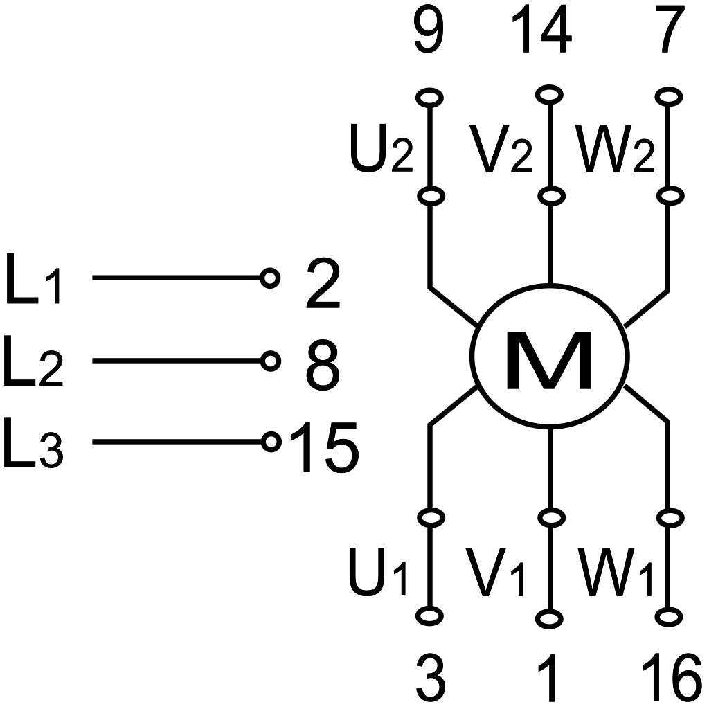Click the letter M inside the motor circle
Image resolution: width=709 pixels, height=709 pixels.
[x=549, y=360]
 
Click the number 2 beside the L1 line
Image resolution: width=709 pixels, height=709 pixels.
[x=323, y=283]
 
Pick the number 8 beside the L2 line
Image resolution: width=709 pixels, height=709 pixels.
[x=323, y=365]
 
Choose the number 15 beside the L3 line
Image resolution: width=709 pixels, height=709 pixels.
[x=325, y=447]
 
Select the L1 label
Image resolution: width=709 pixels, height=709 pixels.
[x=33, y=278]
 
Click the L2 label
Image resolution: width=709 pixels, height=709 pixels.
[x=33, y=361]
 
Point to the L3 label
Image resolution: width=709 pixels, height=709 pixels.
[x=33, y=443]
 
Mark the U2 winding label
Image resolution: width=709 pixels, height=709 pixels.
[x=382, y=148]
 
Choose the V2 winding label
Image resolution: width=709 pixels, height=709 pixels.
[x=501, y=148]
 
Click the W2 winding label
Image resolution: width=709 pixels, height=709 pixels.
[x=615, y=148]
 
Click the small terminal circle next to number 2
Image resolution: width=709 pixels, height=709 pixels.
[x=270, y=278]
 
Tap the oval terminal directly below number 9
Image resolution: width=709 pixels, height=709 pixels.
[x=429, y=97]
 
